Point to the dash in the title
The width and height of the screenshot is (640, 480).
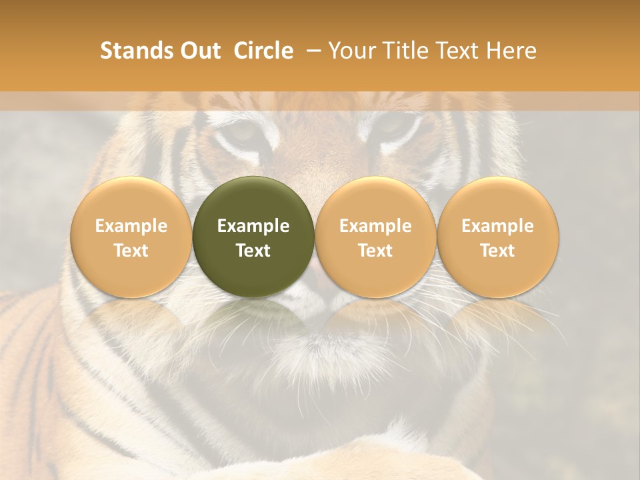pyautogui.click(x=315, y=51)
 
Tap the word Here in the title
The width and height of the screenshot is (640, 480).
pyautogui.click(x=511, y=51)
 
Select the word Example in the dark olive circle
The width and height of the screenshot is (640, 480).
pyautogui.click(x=253, y=226)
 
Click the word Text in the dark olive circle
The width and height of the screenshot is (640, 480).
pyautogui.click(x=253, y=251)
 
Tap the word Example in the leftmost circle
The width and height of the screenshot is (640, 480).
pyautogui.click(x=131, y=226)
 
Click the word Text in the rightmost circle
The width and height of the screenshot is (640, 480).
pyautogui.click(x=498, y=251)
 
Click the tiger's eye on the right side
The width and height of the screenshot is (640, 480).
pyautogui.click(x=393, y=127)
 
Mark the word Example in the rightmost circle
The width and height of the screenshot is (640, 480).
pyautogui.click(x=498, y=226)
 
